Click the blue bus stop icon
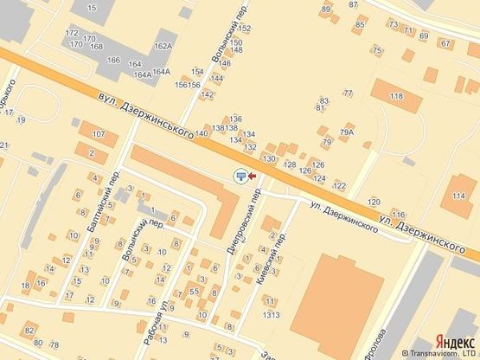[240, 177]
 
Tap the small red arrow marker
[252, 177]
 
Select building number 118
[396, 95]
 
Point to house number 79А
[347, 132]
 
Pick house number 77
[348, 93]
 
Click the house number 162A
[163, 46]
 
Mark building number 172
[72, 33]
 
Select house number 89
[326, 10]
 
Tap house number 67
[445, 42]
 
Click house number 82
[29, 331]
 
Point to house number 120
[374, 201]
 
